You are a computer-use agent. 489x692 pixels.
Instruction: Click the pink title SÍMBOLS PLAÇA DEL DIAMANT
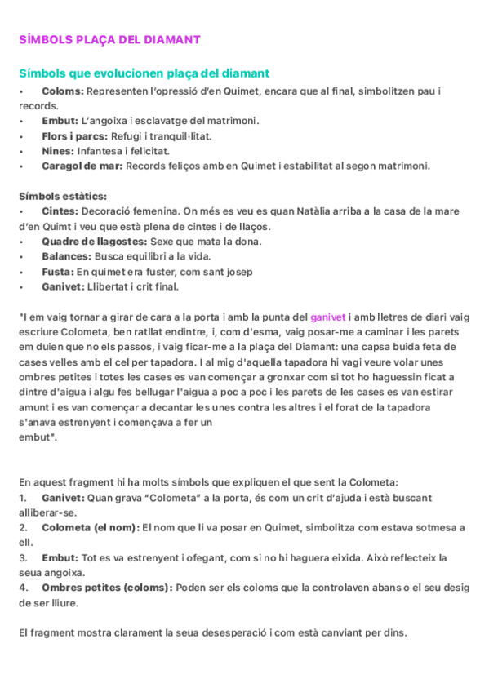[109, 39]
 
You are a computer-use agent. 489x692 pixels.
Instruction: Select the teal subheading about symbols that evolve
[144, 73]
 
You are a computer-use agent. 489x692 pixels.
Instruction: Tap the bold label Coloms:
[63, 91]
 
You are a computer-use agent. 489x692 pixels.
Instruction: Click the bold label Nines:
[60, 150]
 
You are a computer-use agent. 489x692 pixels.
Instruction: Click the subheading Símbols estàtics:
[63, 196]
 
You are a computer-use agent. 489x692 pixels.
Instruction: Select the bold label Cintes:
[60, 211]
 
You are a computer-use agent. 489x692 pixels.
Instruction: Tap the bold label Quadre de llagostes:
[95, 241]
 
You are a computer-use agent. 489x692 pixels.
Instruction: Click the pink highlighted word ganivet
[328, 317]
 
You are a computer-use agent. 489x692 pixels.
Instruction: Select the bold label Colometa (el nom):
[91, 527]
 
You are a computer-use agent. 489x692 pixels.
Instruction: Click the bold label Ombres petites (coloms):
[107, 588]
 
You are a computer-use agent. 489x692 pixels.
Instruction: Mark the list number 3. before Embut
[23, 557]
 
